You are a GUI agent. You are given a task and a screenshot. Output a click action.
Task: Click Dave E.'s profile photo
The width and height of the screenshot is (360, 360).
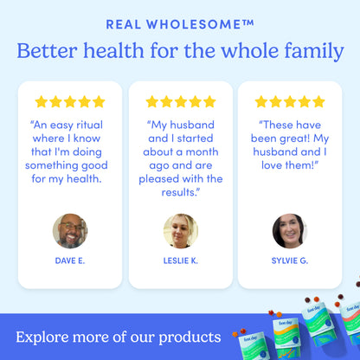[70, 231]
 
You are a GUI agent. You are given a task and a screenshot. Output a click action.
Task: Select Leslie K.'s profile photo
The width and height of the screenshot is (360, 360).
[180, 231]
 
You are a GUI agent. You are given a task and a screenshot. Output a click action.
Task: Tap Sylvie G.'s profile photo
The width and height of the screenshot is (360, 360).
[289, 231]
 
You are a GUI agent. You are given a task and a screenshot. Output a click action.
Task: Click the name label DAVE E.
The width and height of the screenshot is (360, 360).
[70, 260]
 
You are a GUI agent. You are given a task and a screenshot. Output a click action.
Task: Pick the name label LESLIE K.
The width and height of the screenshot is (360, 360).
[180, 260]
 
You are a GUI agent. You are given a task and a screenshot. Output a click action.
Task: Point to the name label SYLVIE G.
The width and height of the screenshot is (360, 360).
[289, 260]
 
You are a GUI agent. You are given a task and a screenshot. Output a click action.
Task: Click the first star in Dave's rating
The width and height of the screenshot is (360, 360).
[41, 102]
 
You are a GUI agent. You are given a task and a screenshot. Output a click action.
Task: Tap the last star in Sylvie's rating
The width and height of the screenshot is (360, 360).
[318, 102]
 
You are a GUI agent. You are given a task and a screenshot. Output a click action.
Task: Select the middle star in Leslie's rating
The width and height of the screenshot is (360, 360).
[180, 102]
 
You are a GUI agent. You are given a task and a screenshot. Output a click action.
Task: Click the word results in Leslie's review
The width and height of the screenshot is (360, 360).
[178, 192]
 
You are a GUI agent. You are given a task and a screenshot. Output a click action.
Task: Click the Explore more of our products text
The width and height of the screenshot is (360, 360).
[118, 336]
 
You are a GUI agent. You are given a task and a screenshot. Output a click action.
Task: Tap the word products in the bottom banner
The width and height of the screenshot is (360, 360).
[190, 336]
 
